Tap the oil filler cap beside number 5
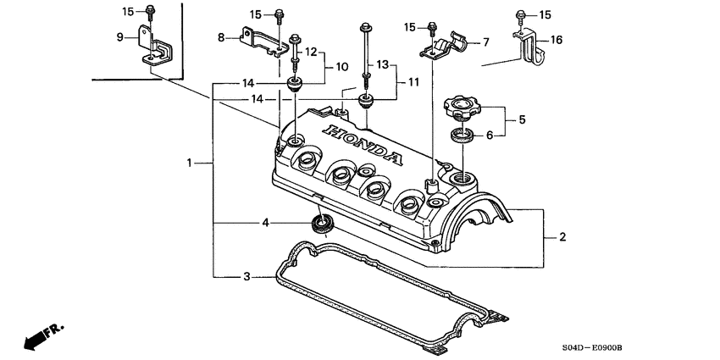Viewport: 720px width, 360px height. (461, 108)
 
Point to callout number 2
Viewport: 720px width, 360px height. (562, 238)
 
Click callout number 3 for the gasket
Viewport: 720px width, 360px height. (246, 276)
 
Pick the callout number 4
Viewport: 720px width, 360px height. (265, 223)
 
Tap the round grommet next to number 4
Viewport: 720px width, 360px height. (321, 224)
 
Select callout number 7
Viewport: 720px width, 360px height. (485, 42)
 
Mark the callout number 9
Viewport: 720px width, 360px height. (119, 36)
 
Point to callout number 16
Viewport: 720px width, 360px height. (556, 39)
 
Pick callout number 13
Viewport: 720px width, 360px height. (383, 64)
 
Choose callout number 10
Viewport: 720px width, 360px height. (341, 66)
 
